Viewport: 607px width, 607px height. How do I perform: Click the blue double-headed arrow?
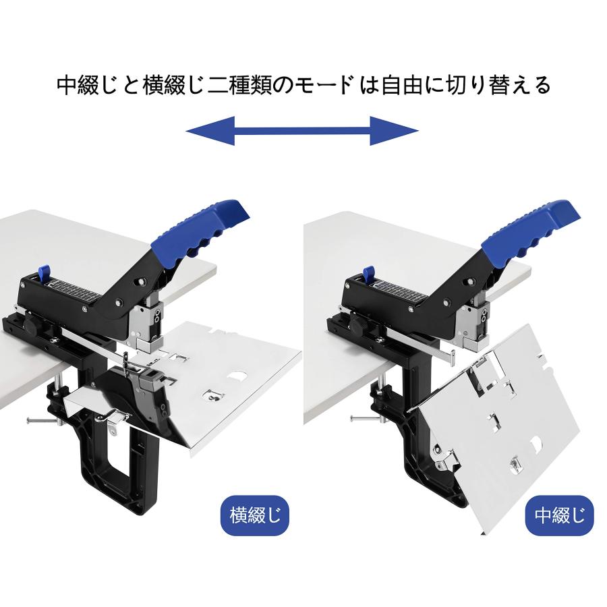(301, 130)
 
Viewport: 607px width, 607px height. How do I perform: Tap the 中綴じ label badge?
(559, 516)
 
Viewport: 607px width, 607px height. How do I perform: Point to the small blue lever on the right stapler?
(368, 274)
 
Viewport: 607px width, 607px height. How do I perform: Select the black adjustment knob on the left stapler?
(32, 330)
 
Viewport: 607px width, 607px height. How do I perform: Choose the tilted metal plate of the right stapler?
(499, 432)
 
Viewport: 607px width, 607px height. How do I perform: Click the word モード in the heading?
(326, 86)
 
